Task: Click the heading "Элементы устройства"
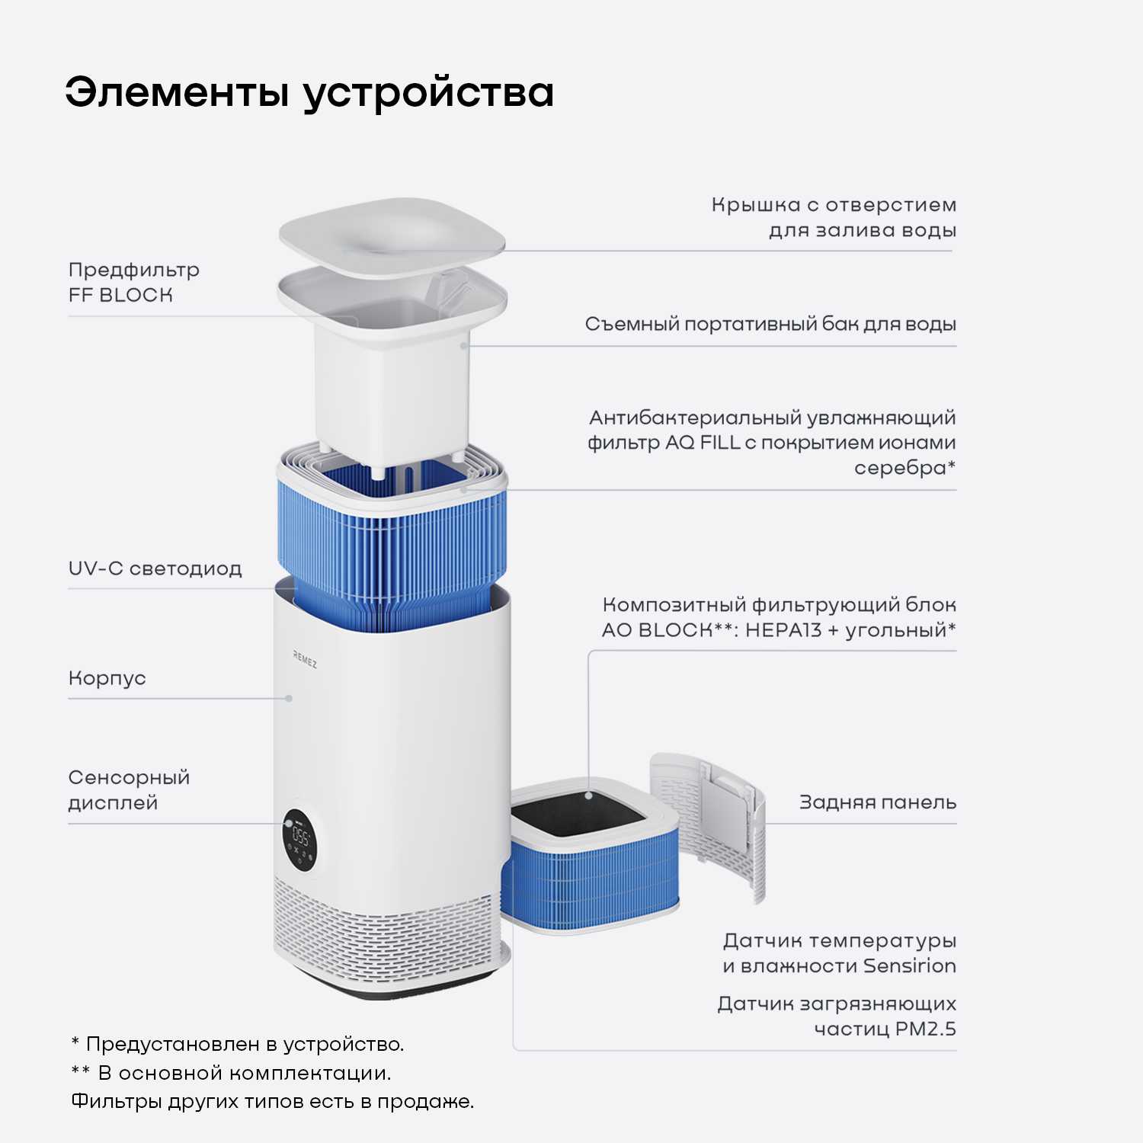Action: pyautogui.click(x=309, y=93)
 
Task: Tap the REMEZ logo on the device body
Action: pyautogui.click(x=305, y=660)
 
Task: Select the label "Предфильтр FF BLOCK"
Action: pyautogui.click(x=133, y=282)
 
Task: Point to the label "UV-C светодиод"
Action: pyautogui.click(x=155, y=568)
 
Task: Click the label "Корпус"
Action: pyautogui.click(x=107, y=678)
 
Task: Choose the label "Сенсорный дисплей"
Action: pyautogui.click(x=128, y=789)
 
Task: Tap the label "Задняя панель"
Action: pyautogui.click(x=877, y=802)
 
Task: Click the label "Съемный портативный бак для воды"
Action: pyautogui.click(x=770, y=324)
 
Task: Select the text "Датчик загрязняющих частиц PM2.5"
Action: pyautogui.click(x=836, y=1016)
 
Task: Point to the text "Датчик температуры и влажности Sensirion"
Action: pyautogui.click(x=839, y=953)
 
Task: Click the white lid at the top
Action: pyautogui.click(x=392, y=236)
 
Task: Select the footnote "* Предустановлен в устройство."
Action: pyautogui.click(x=237, y=1044)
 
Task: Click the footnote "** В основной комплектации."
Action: pyautogui.click(x=231, y=1073)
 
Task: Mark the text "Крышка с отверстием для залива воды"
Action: pyautogui.click(x=834, y=217)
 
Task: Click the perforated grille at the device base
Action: pyautogui.click(x=381, y=933)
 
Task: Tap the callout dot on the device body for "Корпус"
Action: pyautogui.click(x=289, y=698)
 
